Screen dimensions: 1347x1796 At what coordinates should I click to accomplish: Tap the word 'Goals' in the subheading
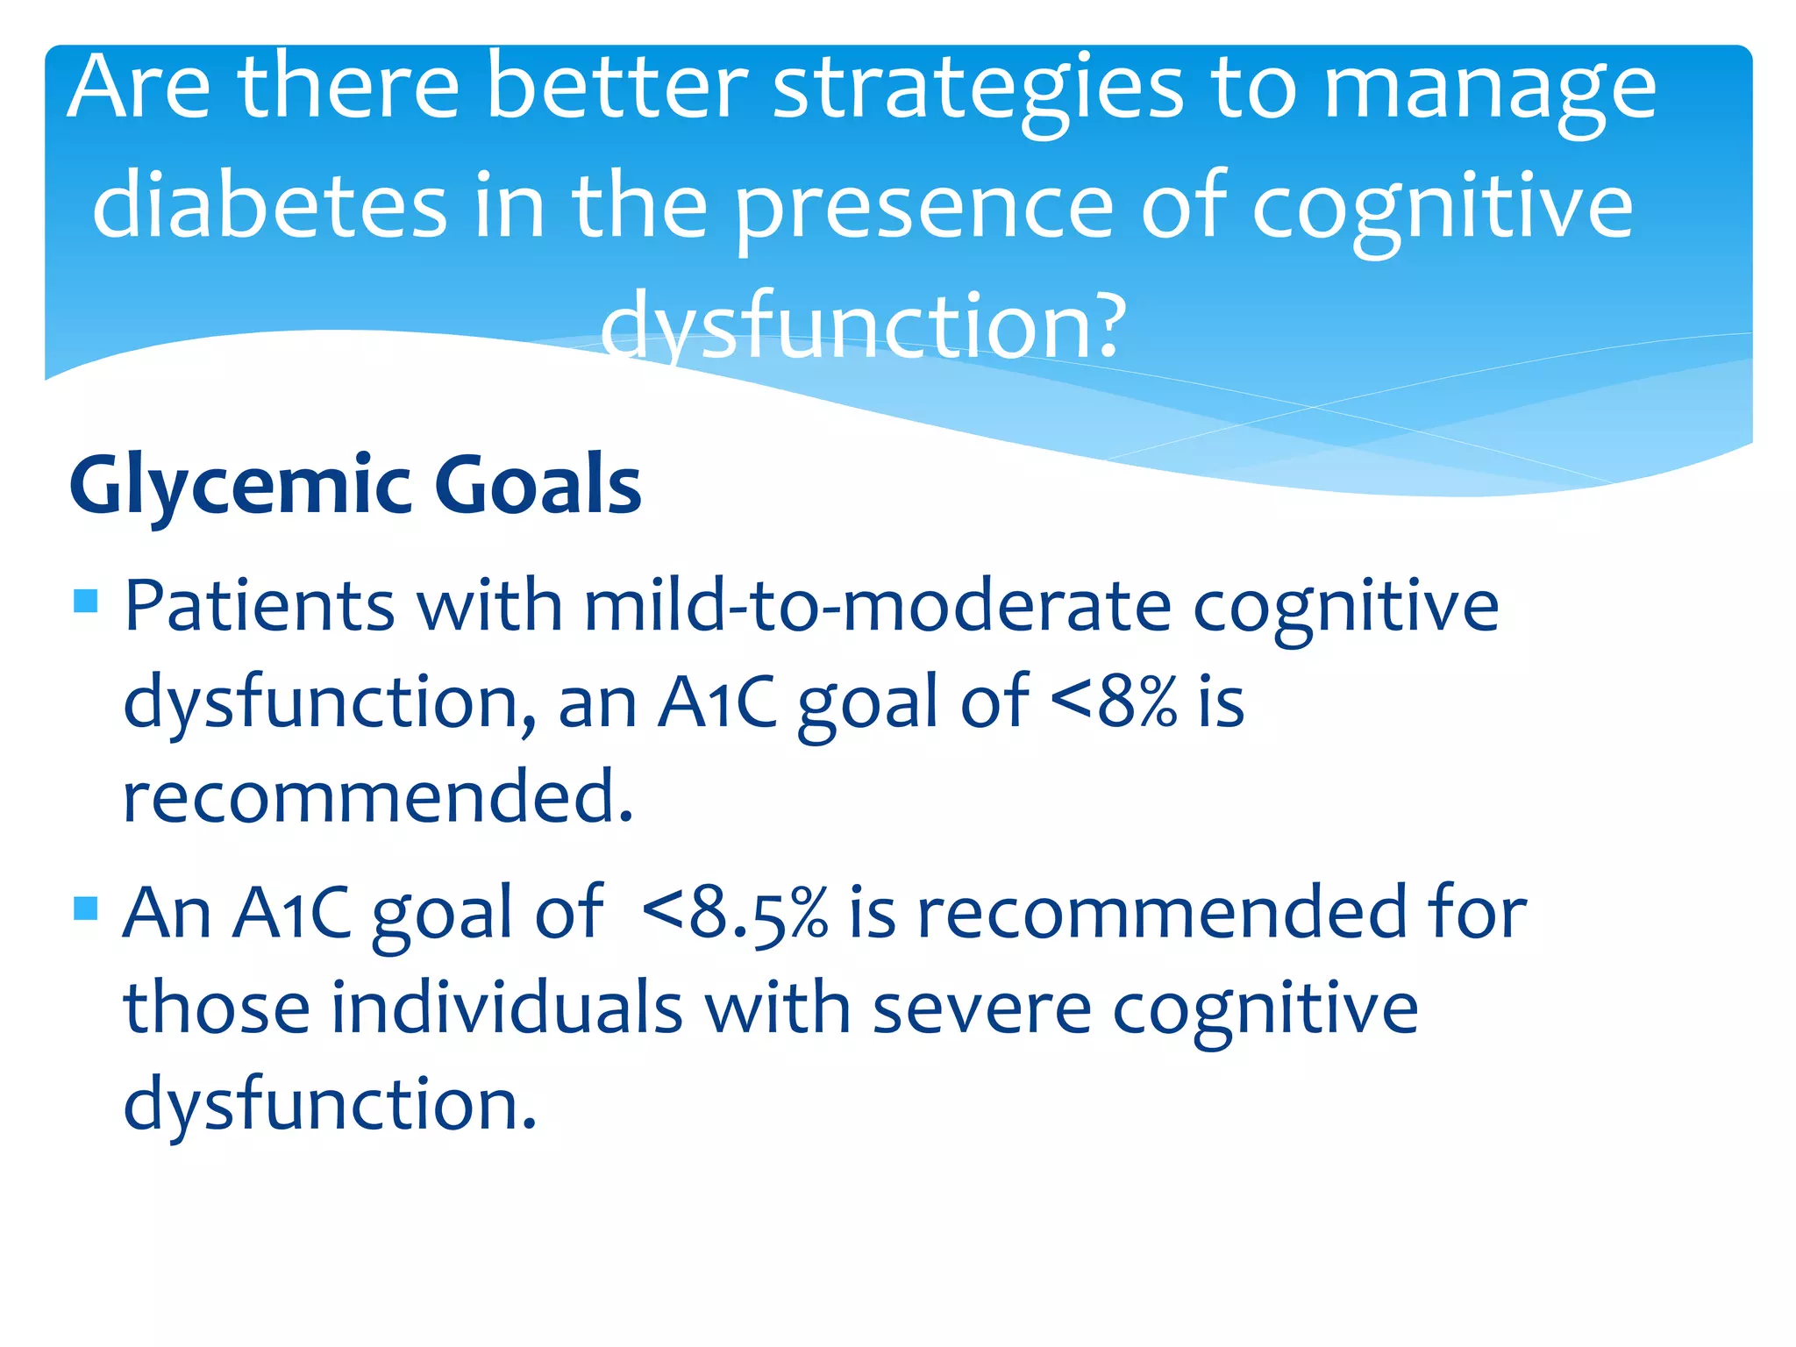click(x=538, y=485)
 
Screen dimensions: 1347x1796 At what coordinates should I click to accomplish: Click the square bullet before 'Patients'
click(x=86, y=601)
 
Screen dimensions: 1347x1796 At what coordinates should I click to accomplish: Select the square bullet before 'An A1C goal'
click(x=86, y=908)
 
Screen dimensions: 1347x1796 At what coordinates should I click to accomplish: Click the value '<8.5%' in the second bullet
click(x=735, y=914)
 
